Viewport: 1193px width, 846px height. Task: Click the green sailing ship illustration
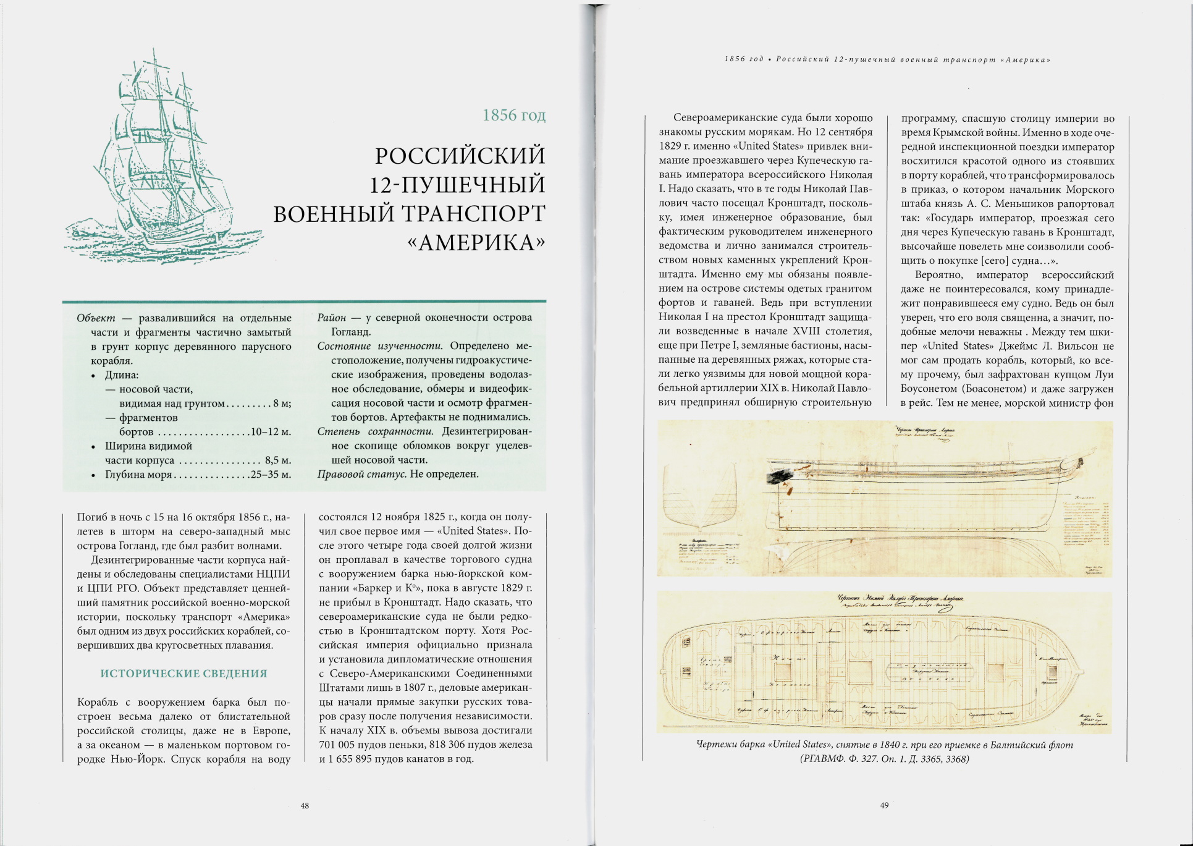(x=164, y=161)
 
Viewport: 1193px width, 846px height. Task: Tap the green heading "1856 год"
(x=513, y=116)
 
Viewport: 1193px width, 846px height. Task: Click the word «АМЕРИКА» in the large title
(x=476, y=243)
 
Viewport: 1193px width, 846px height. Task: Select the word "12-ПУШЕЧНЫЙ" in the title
(x=457, y=185)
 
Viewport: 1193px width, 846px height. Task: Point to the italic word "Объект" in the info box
(x=96, y=318)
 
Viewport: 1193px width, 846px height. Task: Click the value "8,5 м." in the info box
(x=278, y=460)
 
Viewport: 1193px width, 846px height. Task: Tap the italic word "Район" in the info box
(x=331, y=318)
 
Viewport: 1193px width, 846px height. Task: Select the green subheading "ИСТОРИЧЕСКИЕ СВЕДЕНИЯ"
(x=183, y=674)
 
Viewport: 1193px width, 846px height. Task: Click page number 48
(x=305, y=806)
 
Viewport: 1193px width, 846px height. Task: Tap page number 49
(x=884, y=805)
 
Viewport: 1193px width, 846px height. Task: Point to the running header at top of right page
(x=888, y=60)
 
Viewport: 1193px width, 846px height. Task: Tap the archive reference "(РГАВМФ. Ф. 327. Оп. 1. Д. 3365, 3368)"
(x=884, y=759)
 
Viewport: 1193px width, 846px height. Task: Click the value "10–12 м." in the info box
(x=271, y=432)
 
